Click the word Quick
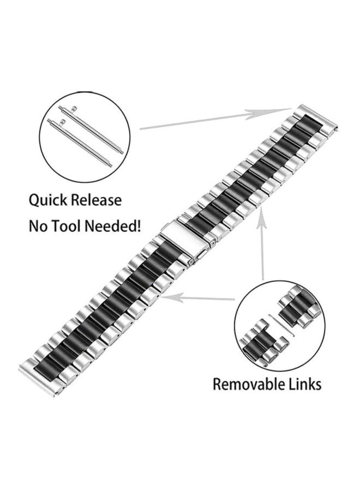(48, 200)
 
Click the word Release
(97, 200)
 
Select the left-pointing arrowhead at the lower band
(172, 297)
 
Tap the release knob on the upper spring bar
(74, 109)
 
